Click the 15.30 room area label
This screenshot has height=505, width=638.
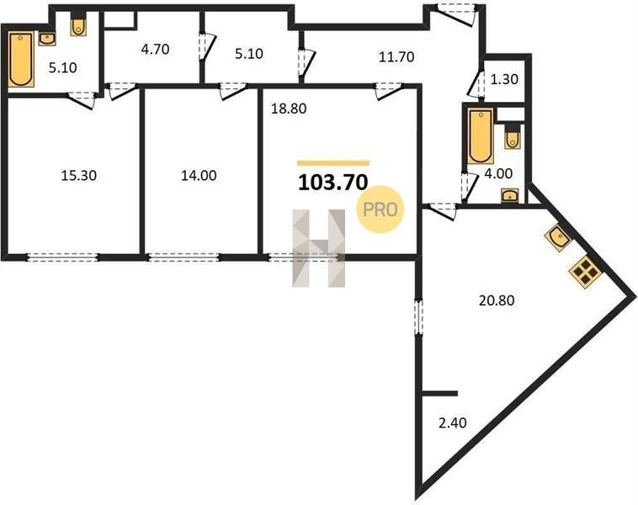click(x=78, y=175)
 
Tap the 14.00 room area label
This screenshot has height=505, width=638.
click(x=199, y=175)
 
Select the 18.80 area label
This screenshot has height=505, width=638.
click(x=289, y=109)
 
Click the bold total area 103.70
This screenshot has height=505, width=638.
click(x=332, y=183)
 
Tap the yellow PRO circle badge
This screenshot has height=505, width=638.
click(x=380, y=210)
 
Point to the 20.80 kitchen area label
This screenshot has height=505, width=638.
click(x=497, y=300)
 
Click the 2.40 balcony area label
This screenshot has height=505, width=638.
click(x=453, y=423)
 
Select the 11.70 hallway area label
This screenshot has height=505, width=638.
click(x=396, y=56)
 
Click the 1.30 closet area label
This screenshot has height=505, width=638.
click(x=504, y=79)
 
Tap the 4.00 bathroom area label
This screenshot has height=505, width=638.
click(x=498, y=173)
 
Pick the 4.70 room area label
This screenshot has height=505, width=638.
click(x=155, y=50)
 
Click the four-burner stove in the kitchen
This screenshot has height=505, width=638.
click(x=586, y=271)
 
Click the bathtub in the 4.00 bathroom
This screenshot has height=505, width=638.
click(x=480, y=136)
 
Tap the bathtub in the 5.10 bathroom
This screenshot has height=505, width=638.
click(x=21, y=60)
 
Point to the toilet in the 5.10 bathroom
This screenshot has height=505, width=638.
click(x=78, y=25)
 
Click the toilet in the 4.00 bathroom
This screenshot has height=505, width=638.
click(x=513, y=138)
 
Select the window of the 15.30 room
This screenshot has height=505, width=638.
click(x=62, y=258)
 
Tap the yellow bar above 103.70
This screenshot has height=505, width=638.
click(x=333, y=163)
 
